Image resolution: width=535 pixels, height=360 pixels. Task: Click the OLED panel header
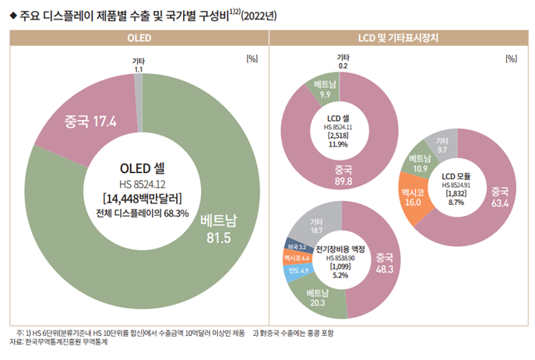click(137, 37)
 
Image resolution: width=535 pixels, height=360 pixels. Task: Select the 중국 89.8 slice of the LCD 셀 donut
click(343, 175)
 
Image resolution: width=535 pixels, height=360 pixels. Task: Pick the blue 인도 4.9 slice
click(298, 270)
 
